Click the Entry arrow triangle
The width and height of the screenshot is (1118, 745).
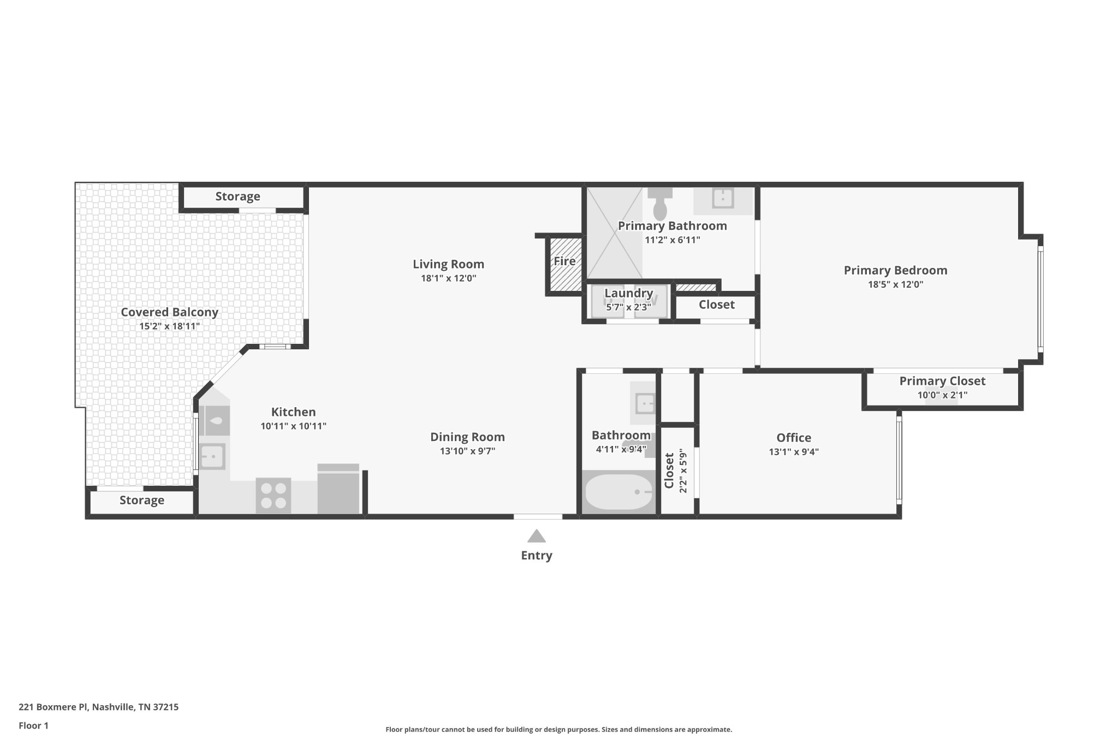pyautogui.click(x=536, y=536)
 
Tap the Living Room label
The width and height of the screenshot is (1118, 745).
pyautogui.click(x=448, y=264)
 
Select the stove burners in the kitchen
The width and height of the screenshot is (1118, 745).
pyautogui.click(x=273, y=496)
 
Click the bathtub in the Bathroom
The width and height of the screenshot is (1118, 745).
pyautogui.click(x=619, y=492)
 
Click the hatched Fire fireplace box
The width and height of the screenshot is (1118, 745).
pyautogui.click(x=564, y=264)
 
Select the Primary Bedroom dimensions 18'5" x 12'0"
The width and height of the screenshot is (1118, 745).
pyautogui.click(x=895, y=284)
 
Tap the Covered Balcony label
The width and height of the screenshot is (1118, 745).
pyautogui.click(x=169, y=312)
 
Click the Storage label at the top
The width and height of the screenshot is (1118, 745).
pyautogui.click(x=237, y=196)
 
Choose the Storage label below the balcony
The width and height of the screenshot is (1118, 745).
pyautogui.click(x=142, y=500)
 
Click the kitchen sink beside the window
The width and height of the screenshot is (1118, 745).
pyautogui.click(x=212, y=456)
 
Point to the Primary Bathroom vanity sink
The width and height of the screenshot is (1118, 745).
pyautogui.click(x=723, y=199)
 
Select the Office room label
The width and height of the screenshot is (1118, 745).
pyautogui.click(x=793, y=438)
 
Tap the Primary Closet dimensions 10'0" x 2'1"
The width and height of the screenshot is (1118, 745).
pyautogui.click(x=942, y=395)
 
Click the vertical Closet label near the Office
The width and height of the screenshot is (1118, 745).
pyautogui.click(x=669, y=470)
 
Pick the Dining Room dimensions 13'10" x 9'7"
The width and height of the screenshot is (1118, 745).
pyautogui.click(x=467, y=451)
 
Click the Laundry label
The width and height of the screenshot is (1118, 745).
pyautogui.click(x=628, y=293)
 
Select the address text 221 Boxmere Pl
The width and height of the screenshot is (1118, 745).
pyautogui.click(x=52, y=707)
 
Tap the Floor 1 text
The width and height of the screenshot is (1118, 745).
pyautogui.click(x=33, y=725)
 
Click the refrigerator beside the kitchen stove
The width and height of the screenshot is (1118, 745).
pyautogui.click(x=338, y=490)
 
